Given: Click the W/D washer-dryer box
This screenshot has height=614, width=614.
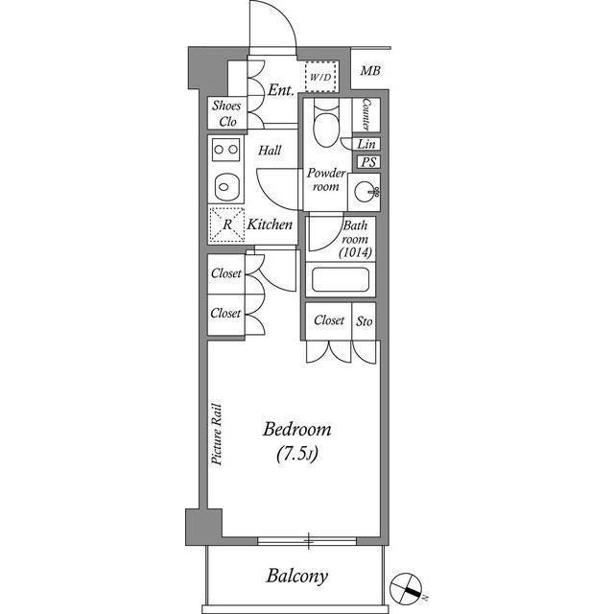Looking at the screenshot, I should (319, 76).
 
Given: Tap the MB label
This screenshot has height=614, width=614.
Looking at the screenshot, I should (369, 71).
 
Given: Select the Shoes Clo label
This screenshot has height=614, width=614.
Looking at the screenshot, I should (228, 113).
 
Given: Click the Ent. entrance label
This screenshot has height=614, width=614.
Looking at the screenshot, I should (280, 90).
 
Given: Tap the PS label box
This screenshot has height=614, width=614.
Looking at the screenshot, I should (367, 162).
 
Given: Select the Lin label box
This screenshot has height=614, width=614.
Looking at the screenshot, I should (366, 144).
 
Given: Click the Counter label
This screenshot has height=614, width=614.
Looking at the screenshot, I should (367, 114).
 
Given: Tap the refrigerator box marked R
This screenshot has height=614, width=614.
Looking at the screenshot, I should (227, 224).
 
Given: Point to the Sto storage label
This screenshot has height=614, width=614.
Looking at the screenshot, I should (365, 320).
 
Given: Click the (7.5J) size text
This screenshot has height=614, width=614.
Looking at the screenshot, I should (297, 454).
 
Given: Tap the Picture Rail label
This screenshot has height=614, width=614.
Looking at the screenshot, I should (218, 434).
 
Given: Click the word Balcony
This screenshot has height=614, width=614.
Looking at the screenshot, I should (297, 577).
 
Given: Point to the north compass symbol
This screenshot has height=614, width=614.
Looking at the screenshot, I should (407, 587).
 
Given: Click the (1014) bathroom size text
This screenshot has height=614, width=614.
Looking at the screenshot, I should (355, 253).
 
